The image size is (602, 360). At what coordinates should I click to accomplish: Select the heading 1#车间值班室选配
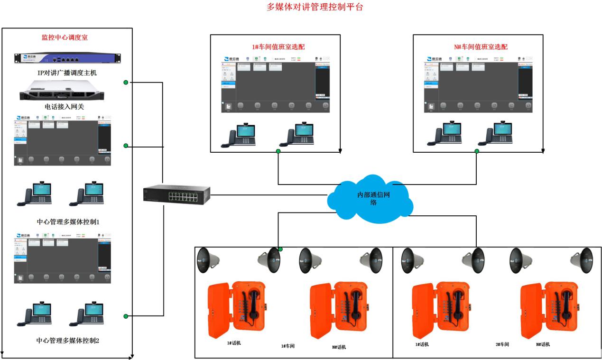click(x=278, y=47)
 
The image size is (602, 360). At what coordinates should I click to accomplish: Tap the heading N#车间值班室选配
click(x=478, y=47)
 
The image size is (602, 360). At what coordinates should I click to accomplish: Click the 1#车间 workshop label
click(x=287, y=346)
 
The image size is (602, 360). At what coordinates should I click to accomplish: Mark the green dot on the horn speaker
click(x=280, y=249)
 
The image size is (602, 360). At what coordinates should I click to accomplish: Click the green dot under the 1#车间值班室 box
click(x=278, y=151)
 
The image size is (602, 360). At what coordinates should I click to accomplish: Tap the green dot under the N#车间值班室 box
click(x=477, y=151)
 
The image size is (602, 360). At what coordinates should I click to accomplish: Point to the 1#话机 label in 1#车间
click(x=233, y=343)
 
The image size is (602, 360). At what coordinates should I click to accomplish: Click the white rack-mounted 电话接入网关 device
click(x=67, y=90)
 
